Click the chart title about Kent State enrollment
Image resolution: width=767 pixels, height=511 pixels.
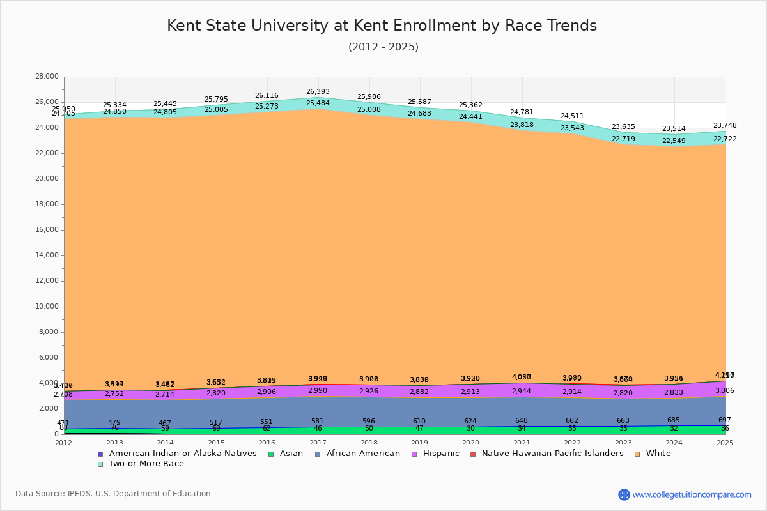coord(382,26)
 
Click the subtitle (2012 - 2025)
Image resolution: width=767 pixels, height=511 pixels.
coord(383,47)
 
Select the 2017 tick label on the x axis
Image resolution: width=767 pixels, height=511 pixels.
coord(318,443)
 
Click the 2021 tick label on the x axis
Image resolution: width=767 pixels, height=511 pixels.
coord(522,443)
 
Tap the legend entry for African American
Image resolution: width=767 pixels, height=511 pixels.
coord(363,454)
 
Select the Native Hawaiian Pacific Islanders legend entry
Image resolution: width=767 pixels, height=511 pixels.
coord(552,454)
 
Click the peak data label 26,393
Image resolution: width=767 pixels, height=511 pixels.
coord(318,91)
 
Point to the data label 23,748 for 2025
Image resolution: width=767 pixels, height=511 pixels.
coord(724,126)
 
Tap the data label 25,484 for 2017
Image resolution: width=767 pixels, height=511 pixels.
coord(318,103)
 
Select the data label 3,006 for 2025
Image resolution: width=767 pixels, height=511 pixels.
coord(724,391)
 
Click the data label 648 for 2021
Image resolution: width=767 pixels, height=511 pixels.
coord(522,420)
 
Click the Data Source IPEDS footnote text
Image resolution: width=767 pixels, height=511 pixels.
coord(113,494)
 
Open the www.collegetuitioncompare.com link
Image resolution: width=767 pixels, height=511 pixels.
coord(692,494)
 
